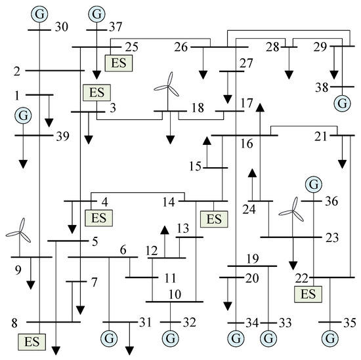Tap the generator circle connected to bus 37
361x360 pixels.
pyautogui.click(x=97, y=13)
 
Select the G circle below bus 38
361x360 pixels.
pyautogui.click(x=341, y=103)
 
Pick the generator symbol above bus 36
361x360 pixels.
pyautogui.click(x=314, y=185)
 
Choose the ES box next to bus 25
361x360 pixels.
pyautogui.click(x=118, y=62)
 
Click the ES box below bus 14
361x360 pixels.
pyautogui.click(x=214, y=218)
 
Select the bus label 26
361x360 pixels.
pyautogui.click(x=182, y=47)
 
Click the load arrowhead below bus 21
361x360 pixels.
pyautogui.click(x=342, y=165)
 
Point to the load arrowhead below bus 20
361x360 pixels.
pyautogui.click(x=227, y=306)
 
